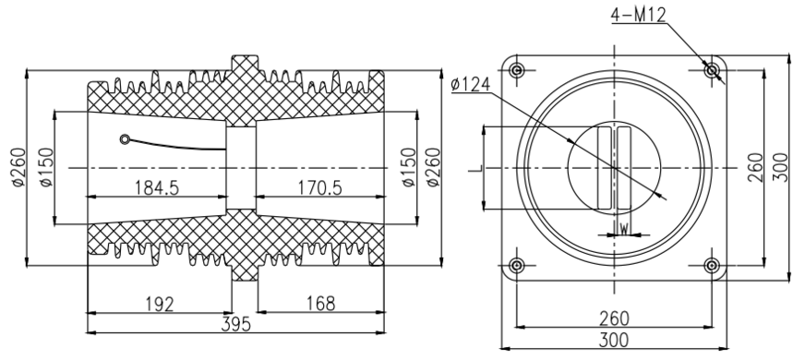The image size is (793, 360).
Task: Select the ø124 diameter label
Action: [474, 87]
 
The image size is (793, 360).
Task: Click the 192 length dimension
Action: [158, 303]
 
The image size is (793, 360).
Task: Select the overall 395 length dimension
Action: [234, 324]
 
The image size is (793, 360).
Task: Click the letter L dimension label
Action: [473, 166]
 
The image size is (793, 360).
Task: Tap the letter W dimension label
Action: [624, 226]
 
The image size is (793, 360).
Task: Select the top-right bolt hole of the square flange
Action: [712, 70]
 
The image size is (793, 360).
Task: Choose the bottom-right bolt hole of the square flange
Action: [712, 266]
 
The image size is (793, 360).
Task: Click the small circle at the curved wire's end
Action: [124, 140]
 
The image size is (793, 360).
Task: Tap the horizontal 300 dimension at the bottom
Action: [614, 342]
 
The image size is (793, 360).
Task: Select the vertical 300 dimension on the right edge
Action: [780, 167]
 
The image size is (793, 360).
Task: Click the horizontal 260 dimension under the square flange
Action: [614, 318]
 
